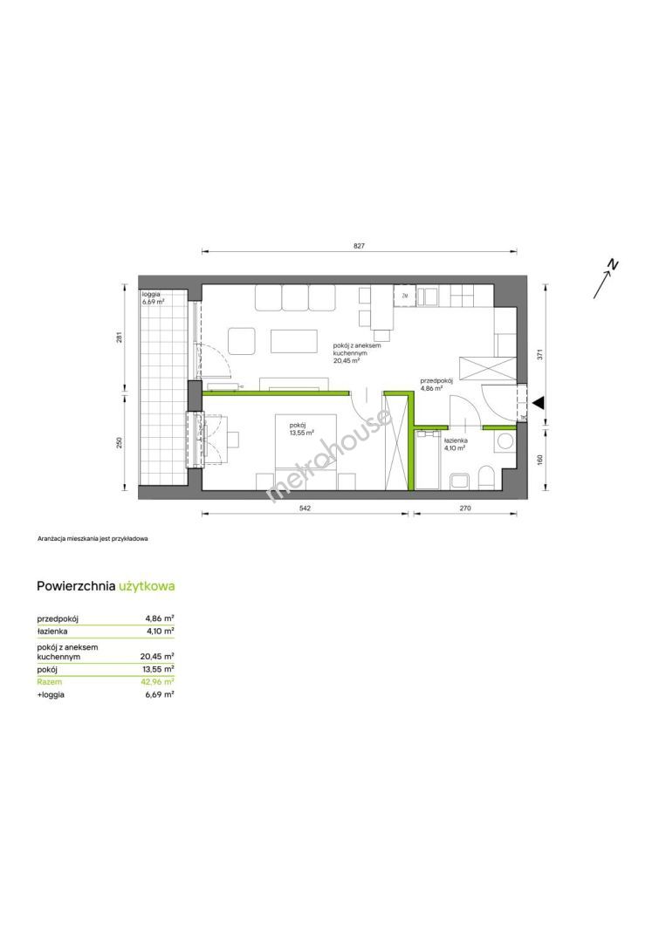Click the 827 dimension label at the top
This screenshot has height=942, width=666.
(x=360, y=246)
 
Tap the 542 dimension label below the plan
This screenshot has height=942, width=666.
(x=305, y=509)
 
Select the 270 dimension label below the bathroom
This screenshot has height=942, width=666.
(x=464, y=509)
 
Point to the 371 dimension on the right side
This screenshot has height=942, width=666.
(x=540, y=355)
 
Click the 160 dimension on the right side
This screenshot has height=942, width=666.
(x=540, y=459)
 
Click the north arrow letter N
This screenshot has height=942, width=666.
(x=613, y=264)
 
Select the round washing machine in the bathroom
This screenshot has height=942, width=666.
(x=505, y=441)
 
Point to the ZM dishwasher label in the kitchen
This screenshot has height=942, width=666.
(x=404, y=297)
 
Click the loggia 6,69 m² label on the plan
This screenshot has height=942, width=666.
(x=154, y=298)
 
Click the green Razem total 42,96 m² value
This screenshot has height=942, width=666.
(x=157, y=682)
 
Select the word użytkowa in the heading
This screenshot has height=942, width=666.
(x=147, y=586)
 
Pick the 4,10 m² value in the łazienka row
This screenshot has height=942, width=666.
(x=160, y=631)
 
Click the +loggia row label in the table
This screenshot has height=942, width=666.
(x=51, y=694)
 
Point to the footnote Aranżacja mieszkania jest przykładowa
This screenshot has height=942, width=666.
(x=93, y=538)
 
